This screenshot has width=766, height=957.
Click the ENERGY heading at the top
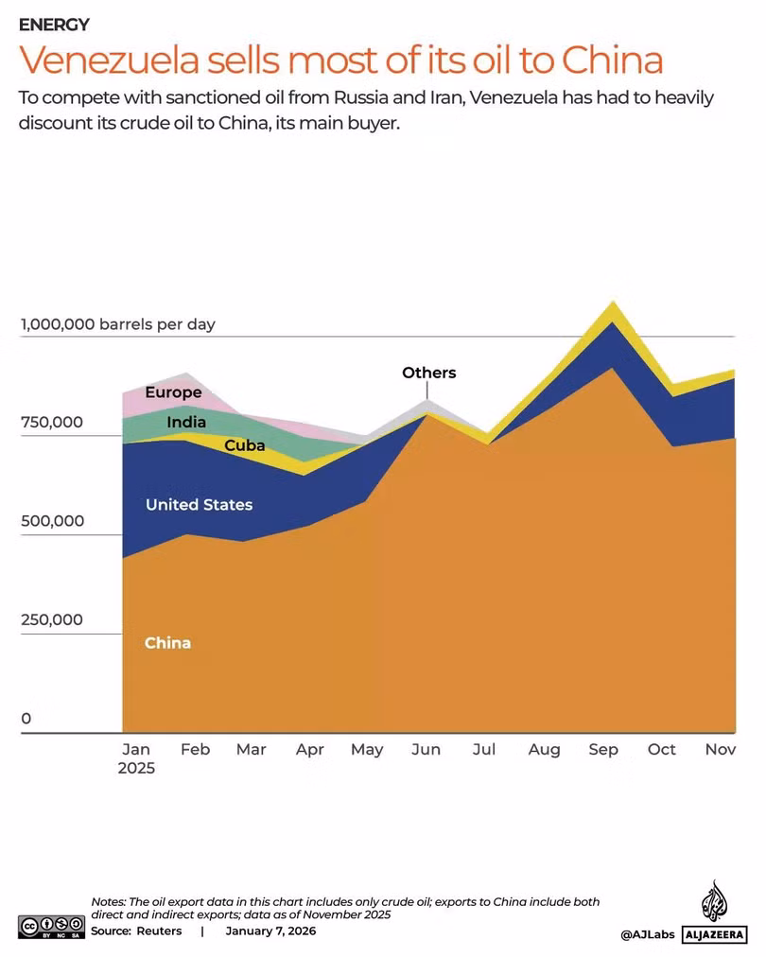pyautogui.click(x=54, y=25)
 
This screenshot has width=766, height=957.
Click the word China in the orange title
pyautogui.click(x=612, y=60)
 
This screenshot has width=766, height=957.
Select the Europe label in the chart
pyautogui.click(x=173, y=392)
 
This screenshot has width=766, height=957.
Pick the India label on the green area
pyautogui.click(x=186, y=422)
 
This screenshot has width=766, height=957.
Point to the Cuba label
pyautogui.click(x=245, y=445)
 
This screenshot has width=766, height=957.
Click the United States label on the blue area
pyautogui.click(x=199, y=505)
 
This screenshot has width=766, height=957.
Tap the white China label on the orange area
pyautogui.click(x=167, y=643)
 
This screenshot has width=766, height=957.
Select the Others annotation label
pyautogui.click(x=429, y=373)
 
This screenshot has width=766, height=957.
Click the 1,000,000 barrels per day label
pyautogui.click(x=118, y=324)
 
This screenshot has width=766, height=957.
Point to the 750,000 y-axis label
pyautogui.click(x=52, y=423)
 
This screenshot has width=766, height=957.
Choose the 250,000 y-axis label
pyautogui.click(x=52, y=619)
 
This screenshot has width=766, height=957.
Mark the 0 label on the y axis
pyautogui.click(x=26, y=719)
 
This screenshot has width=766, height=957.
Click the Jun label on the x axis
pyautogui.click(x=426, y=750)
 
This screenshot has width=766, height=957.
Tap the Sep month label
pyautogui.click(x=603, y=750)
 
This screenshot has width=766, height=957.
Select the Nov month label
pyautogui.click(x=721, y=750)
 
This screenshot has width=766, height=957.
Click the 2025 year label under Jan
pyautogui.click(x=136, y=769)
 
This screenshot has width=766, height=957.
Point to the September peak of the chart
pyautogui.click(x=612, y=302)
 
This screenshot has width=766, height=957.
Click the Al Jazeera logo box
pyautogui.click(x=714, y=933)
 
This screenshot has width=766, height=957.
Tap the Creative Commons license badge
pyautogui.click(x=51, y=927)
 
